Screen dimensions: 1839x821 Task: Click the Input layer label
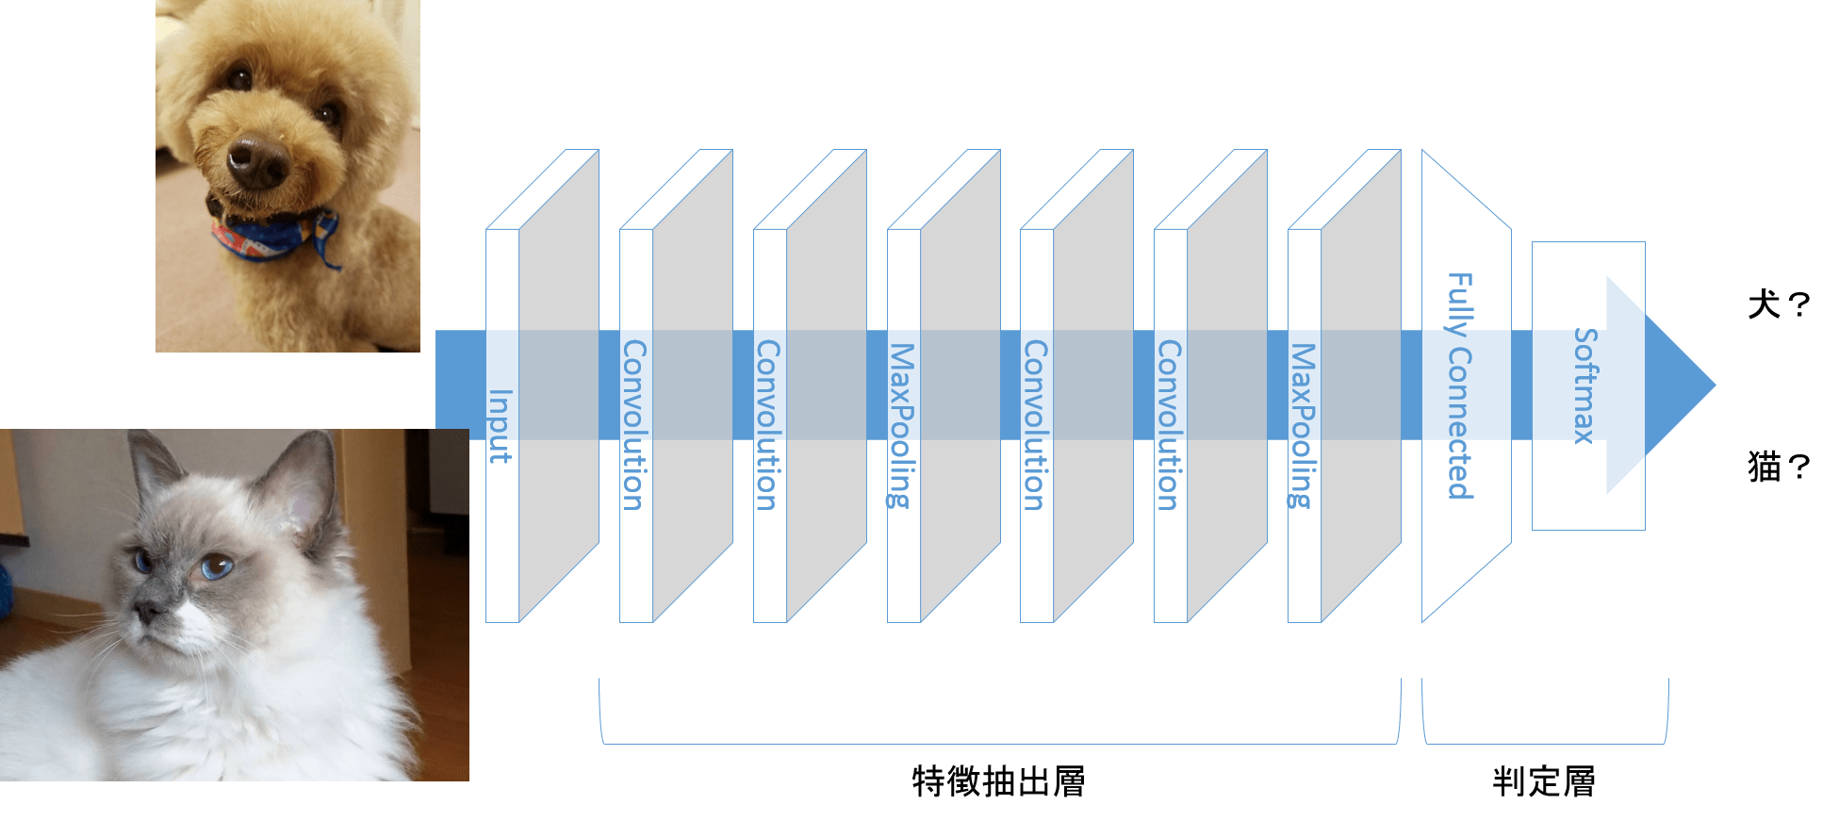(500, 426)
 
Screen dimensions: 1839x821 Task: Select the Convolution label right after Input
(634, 425)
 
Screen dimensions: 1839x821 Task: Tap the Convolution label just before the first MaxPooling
(768, 425)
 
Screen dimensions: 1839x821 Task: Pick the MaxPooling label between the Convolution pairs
(902, 426)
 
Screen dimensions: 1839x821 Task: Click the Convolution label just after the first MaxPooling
(1035, 425)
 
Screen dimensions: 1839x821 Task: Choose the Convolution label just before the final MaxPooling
(1169, 425)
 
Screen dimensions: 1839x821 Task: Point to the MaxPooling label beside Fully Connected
(1303, 426)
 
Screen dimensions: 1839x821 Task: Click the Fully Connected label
(1460, 386)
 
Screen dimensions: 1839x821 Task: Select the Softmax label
(1585, 386)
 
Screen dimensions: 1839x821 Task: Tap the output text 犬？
(1779, 304)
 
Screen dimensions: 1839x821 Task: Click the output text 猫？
(1779, 466)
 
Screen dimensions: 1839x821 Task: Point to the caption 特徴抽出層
(999, 781)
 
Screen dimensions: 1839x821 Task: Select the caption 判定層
(1544, 781)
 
